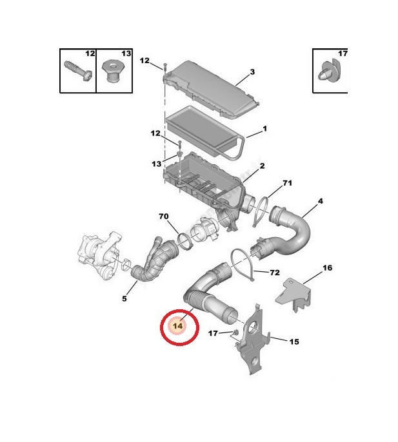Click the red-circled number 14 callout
(178, 326)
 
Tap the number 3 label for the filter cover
(252, 72)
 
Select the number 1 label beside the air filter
(264, 129)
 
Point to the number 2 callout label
(263, 166)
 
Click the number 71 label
(287, 183)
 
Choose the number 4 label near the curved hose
(320, 201)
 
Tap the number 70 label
(164, 216)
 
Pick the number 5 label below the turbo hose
(124, 298)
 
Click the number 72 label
(275, 273)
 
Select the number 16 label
(328, 267)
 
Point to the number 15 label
(294, 341)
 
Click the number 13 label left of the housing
(157, 164)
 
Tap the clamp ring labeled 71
(261, 211)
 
